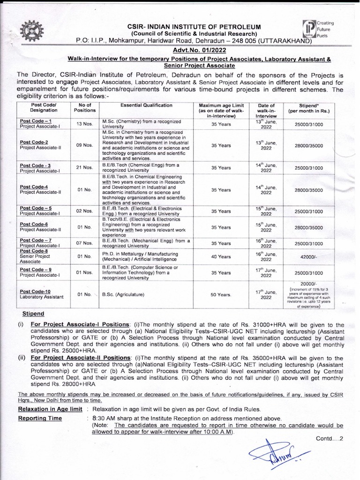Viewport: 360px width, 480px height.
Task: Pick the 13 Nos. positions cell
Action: [x=84, y=124]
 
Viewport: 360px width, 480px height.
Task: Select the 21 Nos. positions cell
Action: [x=84, y=168]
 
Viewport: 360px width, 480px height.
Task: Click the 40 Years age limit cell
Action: [x=221, y=256]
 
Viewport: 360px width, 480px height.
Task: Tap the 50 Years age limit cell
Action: [x=221, y=294]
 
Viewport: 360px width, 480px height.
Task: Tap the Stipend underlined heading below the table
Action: [x=33, y=313]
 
